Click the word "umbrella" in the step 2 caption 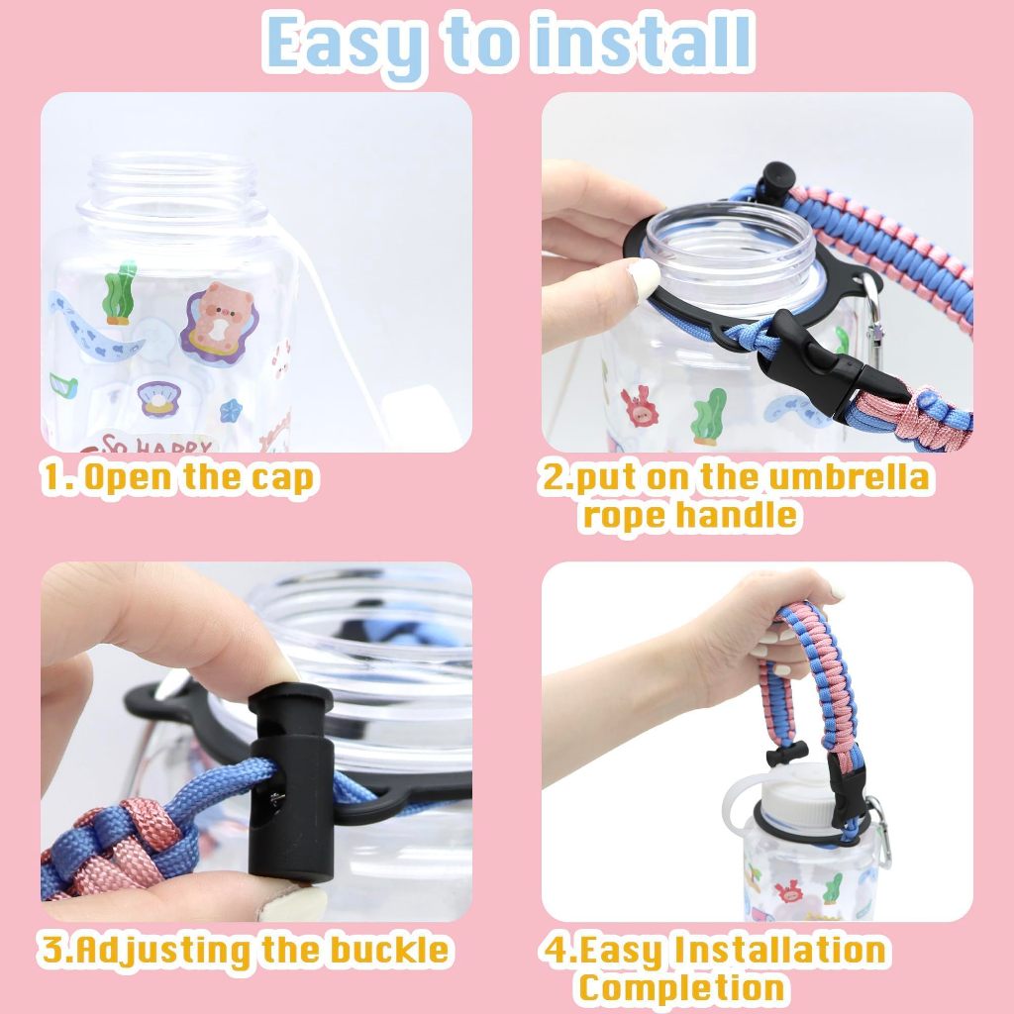tap(848, 478)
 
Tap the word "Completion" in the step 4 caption tap(681, 987)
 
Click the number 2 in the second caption tap(552, 478)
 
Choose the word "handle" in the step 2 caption tap(738, 515)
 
